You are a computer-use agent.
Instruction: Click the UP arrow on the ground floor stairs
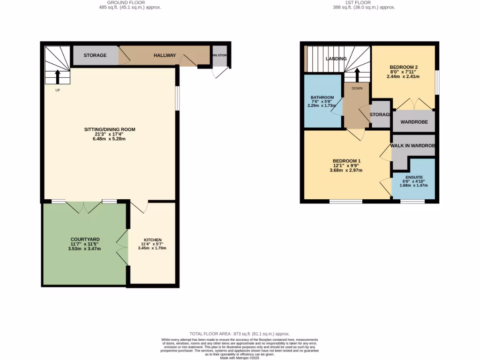[x=58, y=76]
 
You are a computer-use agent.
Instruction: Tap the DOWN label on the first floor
[x=357, y=88]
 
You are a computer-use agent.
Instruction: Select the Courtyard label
[x=85, y=239]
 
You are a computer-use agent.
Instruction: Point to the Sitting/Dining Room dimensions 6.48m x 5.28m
[x=109, y=139]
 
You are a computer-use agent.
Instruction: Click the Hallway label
[x=165, y=55]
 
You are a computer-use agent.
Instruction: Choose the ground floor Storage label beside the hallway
[x=95, y=55]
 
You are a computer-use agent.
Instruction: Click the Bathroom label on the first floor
[x=322, y=97]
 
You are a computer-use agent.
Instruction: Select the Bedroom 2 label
[x=403, y=67]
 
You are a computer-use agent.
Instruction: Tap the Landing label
[x=336, y=59]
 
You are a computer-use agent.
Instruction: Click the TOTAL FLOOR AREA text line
[x=240, y=333]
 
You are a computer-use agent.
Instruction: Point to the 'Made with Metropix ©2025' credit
[x=240, y=358]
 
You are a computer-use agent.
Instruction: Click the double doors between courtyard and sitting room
[x=83, y=207]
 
